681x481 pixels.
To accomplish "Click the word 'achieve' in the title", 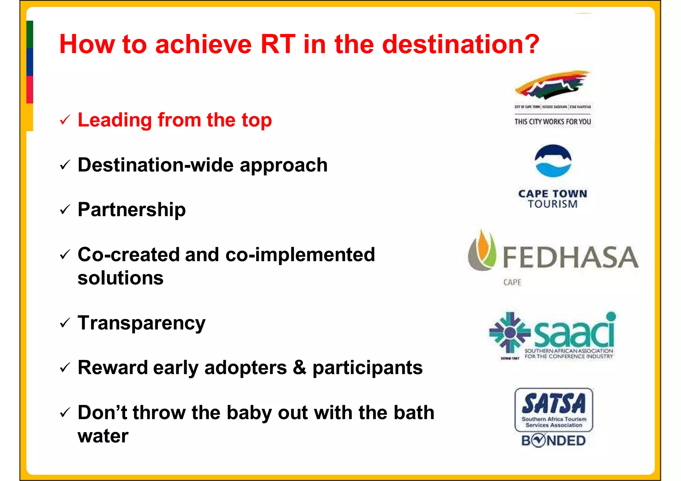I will click(203, 45).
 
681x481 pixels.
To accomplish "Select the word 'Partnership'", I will click(131, 210).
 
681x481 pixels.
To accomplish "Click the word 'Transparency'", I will click(141, 323).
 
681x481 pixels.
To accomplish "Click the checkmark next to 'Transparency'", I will click(65, 323).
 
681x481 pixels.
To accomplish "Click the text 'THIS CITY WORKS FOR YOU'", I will click(552, 122).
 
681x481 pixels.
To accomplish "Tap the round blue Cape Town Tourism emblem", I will click(553, 161).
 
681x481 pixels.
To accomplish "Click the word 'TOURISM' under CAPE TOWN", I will click(553, 204).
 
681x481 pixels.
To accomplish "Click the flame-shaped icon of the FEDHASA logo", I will click(482, 251).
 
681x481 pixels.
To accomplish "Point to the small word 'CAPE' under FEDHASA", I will click(512, 283).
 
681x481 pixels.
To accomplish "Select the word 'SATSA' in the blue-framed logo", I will click(553, 404).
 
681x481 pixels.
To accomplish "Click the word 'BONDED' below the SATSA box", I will click(553, 441).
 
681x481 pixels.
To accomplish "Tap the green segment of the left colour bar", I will click(30, 35).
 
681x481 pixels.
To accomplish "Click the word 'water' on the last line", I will click(103, 436).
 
